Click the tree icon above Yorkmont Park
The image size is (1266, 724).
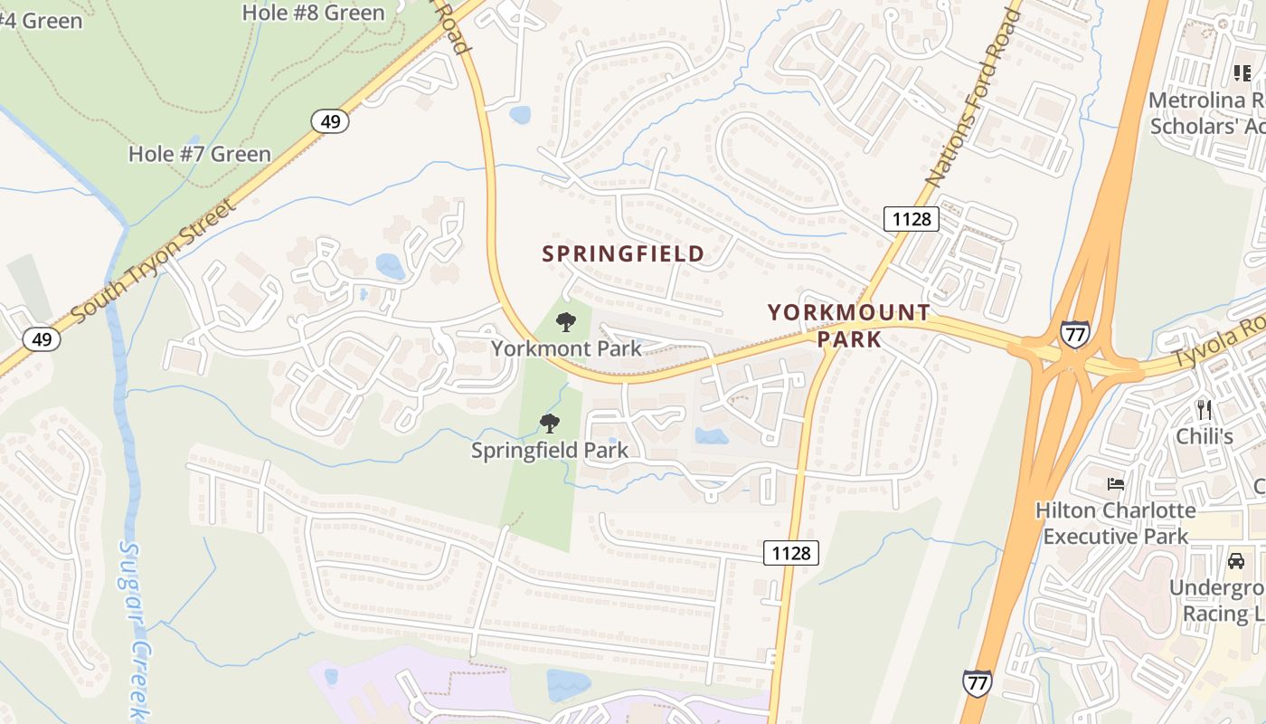[566, 321]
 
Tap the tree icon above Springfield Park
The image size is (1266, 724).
[549, 423]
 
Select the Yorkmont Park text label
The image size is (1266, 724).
[566, 348]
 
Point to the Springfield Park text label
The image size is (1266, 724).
[549, 450]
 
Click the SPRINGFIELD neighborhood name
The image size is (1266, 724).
[623, 254]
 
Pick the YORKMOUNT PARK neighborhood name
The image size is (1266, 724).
[849, 326]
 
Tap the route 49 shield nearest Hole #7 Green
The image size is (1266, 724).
[330, 120]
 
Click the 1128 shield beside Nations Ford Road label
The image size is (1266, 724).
[912, 218]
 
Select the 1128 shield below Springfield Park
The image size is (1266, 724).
[791, 552]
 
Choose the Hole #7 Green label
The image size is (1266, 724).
[199, 154]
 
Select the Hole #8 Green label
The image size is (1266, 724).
[313, 13]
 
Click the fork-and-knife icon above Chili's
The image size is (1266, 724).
[1204, 409]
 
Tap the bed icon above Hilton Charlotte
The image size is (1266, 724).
[1116, 484]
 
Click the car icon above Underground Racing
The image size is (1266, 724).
[1235, 561]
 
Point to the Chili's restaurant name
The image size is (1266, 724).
[1204, 437]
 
